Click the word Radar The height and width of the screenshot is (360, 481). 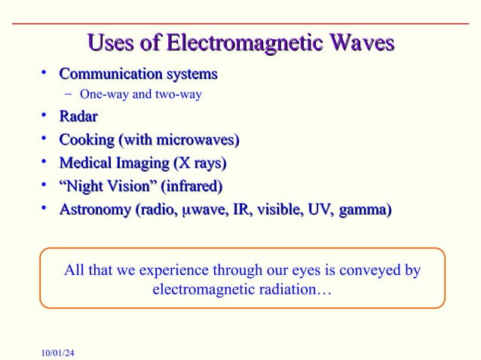click(78, 117)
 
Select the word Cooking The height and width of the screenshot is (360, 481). click(85, 140)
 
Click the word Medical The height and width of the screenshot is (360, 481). click(84, 163)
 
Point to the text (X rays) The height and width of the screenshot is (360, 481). click(199, 163)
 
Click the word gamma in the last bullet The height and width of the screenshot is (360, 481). click(366, 209)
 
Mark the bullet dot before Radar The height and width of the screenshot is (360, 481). click(46, 116)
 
